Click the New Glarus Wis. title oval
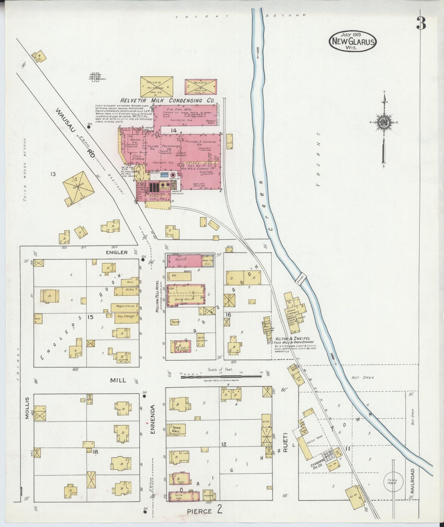pos(352,42)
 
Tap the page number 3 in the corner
pos(422,23)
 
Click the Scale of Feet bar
pos(220,375)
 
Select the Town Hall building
pos(176,430)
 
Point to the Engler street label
pos(116,252)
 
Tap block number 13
pos(53,174)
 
